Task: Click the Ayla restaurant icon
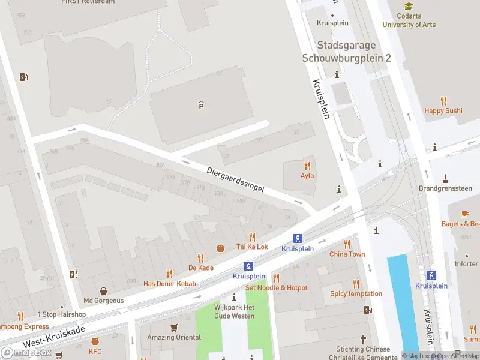pyautogui.click(x=307, y=165)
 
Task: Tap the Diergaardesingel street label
pyautogui.click(x=235, y=179)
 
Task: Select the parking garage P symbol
pyautogui.click(x=201, y=106)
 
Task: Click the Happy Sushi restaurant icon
pyautogui.click(x=443, y=101)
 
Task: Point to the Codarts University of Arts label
pyautogui.click(x=409, y=20)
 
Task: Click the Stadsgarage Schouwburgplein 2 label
pyautogui.click(x=346, y=52)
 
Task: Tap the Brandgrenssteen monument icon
pyautogui.click(x=445, y=178)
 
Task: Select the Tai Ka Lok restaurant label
pyautogui.click(x=252, y=247)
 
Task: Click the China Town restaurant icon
pyautogui.click(x=347, y=244)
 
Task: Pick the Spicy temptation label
pyautogui.click(x=356, y=293)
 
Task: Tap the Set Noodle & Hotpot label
pyautogui.click(x=276, y=288)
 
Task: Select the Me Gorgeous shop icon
pyautogui.click(x=104, y=290)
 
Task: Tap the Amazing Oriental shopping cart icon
pyautogui.click(x=174, y=328)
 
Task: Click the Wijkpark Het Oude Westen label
pyautogui.click(x=234, y=312)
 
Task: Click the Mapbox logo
pyautogui.click(x=26, y=352)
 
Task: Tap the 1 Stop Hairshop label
pyautogui.click(x=61, y=314)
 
